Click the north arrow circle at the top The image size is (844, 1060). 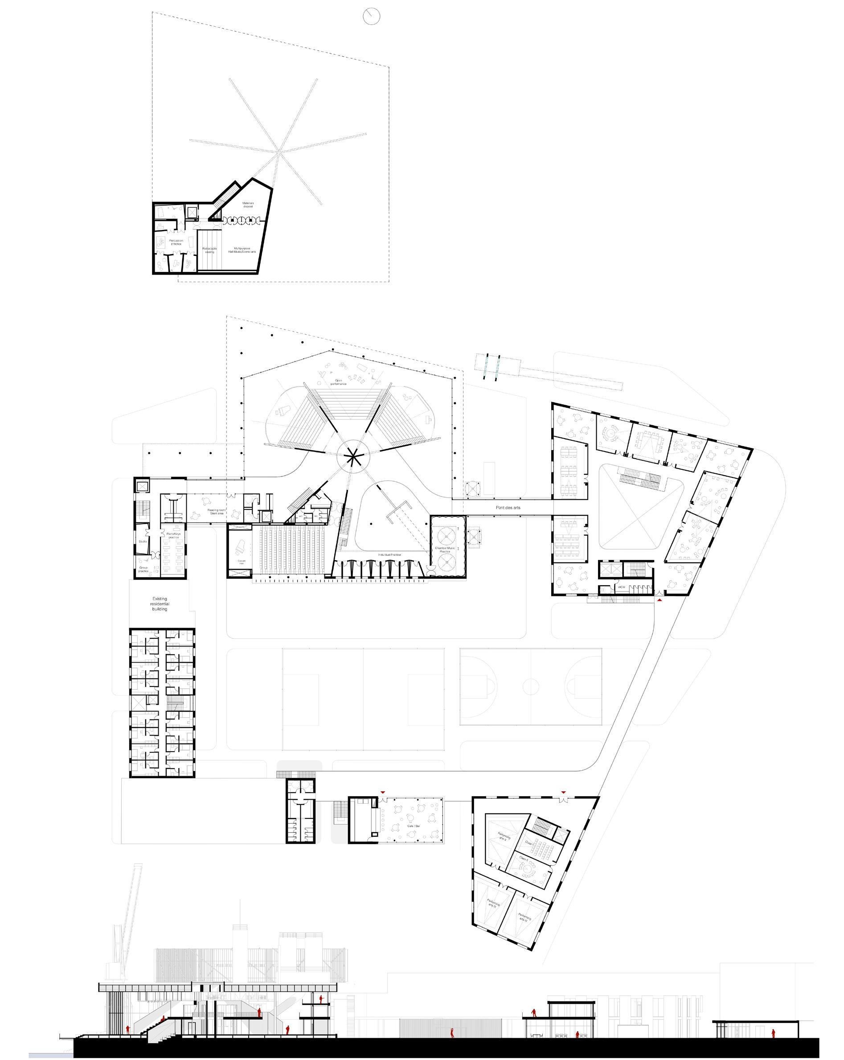(372, 16)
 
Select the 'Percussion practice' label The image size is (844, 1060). (176, 242)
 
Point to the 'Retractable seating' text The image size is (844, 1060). (209, 250)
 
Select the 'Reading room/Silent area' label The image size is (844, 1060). (215, 511)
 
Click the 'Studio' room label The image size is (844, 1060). (143, 541)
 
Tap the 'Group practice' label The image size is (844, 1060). (143, 569)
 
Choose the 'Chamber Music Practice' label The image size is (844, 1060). (444, 549)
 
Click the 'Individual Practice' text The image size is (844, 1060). (390, 555)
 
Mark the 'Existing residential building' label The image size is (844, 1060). (159, 604)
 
